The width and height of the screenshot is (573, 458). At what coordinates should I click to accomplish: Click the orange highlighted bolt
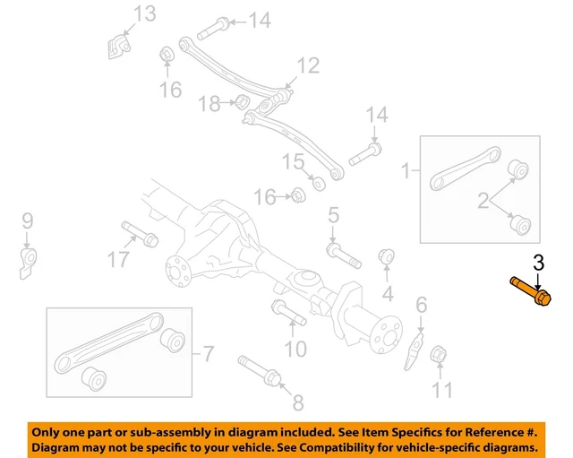pyautogui.click(x=531, y=291)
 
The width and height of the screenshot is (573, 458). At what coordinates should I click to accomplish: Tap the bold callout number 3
pyautogui.click(x=538, y=264)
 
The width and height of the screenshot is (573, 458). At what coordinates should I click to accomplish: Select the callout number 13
pyautogui.click(x=144, y=13)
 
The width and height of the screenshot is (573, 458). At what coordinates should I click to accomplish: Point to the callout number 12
pyautogui.click(x=308, y=65)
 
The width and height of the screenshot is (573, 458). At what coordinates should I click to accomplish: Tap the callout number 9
pyautogui.click(x=27, y=220)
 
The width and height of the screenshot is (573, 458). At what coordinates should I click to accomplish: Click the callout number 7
pyautogui.click(x=208, y=354)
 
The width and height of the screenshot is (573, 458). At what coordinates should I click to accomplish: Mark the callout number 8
pyautogui.click(x=298, y=403)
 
